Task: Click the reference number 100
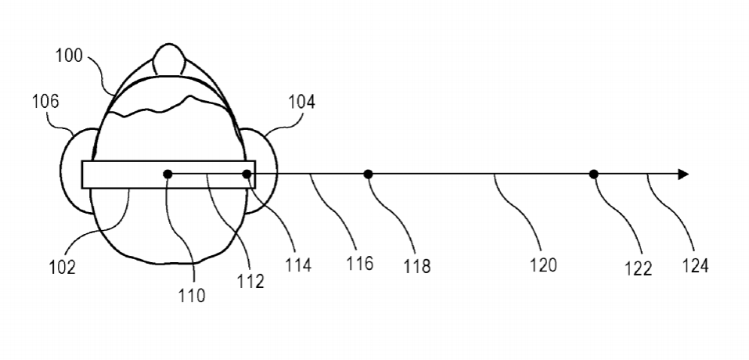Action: [x=69, y=56]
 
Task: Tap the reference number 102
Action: [x=62, y=268]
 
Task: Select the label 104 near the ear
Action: [x=301, y=102]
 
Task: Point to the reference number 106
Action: [x=45, y=101]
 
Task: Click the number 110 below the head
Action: [x=192, y=296]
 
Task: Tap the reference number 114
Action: [x=298, y=265]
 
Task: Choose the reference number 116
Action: [x=360, y=263]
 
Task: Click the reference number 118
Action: [x=417, y=266]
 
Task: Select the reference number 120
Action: [x=543, y=265]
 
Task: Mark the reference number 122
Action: [x=639, y=268]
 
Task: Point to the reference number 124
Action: [x=694, y=265]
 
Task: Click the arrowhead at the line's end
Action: [x=683, y=175]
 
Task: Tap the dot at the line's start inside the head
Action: [x=167, y=175]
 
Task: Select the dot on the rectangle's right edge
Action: [x=247, y=175]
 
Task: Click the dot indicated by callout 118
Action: [x=368, y=175]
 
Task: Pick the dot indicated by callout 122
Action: [x=593, y=175]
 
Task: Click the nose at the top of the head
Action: [x=169, y=59]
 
